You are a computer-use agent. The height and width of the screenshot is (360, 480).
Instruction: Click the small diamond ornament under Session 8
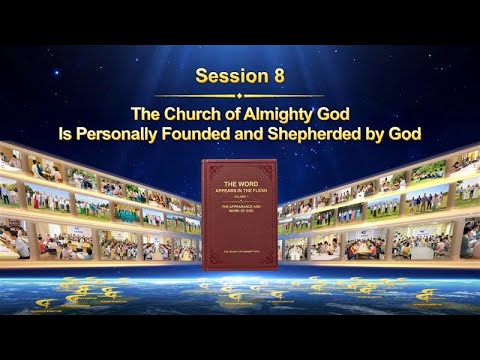point(240,96)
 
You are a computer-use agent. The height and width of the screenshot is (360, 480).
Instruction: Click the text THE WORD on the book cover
point(240,184)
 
